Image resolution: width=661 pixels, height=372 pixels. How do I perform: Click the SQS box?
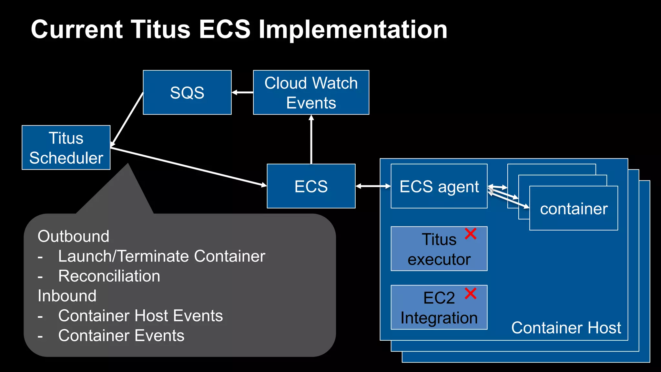coord(187,93)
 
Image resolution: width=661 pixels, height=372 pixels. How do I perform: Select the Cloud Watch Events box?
coord(311,93)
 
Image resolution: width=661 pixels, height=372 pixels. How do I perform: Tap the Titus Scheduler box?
coord(66,148)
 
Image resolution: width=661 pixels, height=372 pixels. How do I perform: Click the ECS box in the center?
coord(311,186)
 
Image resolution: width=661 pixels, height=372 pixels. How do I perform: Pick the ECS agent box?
coord(439,186)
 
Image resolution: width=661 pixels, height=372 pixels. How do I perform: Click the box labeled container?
coord(574,209)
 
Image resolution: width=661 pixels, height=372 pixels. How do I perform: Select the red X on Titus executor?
coord(471,233)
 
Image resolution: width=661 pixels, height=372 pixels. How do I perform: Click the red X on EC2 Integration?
coord(471,294)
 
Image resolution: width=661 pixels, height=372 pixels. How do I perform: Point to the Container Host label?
coord(566,328)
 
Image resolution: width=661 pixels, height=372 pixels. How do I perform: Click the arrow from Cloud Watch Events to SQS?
coord(242,93)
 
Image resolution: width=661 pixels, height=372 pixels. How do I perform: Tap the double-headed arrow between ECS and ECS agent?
coord(373,186)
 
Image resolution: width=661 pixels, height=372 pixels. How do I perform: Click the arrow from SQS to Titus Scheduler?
coord(127,119)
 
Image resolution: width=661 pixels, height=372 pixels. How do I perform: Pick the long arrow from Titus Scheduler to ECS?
coord(189,167)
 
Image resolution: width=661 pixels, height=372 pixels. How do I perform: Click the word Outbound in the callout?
coord(74,236)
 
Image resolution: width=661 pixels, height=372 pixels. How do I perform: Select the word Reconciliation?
coord(109,276)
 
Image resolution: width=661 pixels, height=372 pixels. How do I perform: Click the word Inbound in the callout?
coord(67,296)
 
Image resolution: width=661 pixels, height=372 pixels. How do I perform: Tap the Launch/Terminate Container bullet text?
coord(161,256)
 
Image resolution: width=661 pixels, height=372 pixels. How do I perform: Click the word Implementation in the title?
coord(353,30)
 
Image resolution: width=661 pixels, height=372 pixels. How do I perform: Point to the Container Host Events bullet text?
coord(140,316)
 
